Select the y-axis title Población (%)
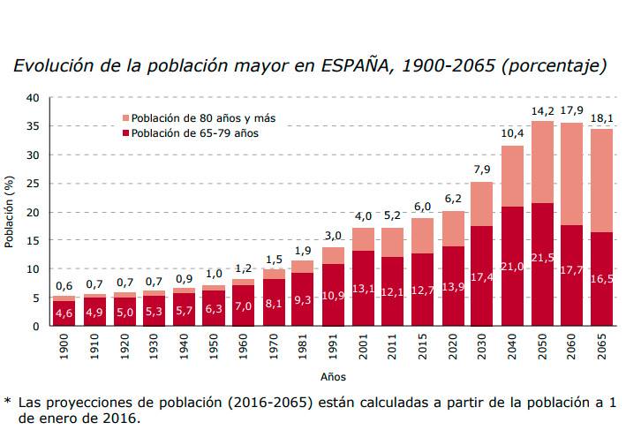click(10, 212)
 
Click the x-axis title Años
click(333, 377)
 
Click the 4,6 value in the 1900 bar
click(64, 313)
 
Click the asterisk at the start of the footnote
click(8, 401)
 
